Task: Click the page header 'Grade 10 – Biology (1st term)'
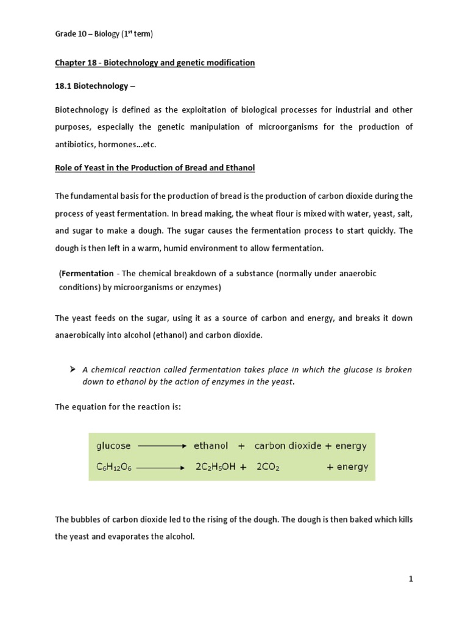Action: pyautogui.click(x=104, y=34)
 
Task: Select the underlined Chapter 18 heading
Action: pyautogui.click(x=155, y=63)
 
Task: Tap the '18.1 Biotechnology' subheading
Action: pyautogui.click(x=92, y=86)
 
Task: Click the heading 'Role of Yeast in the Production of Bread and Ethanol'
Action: pyautogui.click(x=155, y=168)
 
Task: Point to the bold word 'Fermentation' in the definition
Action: pyautogui.click(x=87, y=274)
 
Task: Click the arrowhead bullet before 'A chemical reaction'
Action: pyautogui.click(x=72, y=369)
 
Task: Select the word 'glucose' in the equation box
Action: pyautogui.click(x=113, y=446)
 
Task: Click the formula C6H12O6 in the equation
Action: pyautogui.click(x=115, y=467)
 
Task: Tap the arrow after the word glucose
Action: pyautogui.click(x=161, y=446)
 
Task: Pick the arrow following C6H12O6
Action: pyautogui.click(x=161, y=468)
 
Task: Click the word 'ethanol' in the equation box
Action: pyautogui.click(x=211, y=446)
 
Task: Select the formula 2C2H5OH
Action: pyautogui.click(x=215, y=467)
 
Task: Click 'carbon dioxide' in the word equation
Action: pyautogui.click(x=288, y=446)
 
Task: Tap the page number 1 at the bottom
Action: pyautogui.click(x=411, y=579)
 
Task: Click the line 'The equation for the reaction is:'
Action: pyautogui.click(x=118, y=407)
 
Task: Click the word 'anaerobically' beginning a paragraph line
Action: pyautogui.click(x=82, y=335)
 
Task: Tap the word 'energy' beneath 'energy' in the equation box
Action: pyautogui.click(x=352, y=467)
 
